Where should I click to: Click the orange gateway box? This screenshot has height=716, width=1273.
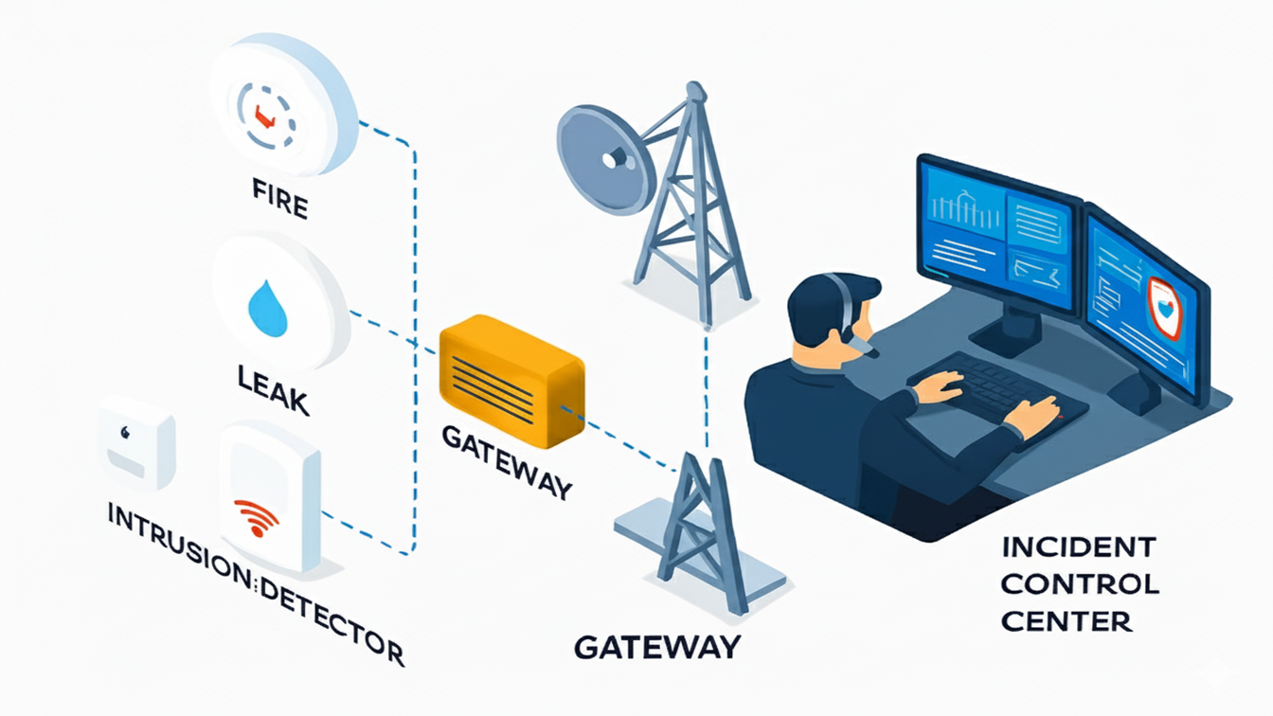coord(511,381)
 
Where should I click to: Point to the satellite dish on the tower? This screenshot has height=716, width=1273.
coord(605,160)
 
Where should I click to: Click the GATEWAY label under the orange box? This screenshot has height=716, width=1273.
coord(507,460)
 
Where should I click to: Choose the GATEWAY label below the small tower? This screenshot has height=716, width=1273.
coord(656,647)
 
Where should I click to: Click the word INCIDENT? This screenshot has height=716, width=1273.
coord(1078,547)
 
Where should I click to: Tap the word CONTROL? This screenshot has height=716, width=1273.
coord(1079,583)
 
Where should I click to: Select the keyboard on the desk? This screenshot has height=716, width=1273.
coord(995,387)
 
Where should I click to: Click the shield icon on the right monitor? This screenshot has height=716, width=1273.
coord(1163,308)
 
